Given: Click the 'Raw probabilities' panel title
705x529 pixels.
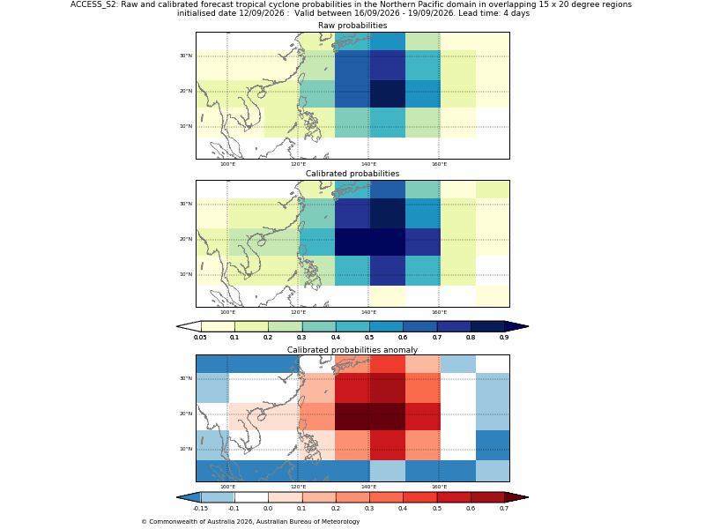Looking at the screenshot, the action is coord(352,26).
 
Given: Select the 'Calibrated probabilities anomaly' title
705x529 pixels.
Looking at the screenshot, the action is coord(352,350).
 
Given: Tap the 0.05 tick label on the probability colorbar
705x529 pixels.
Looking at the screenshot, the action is coord(200,338).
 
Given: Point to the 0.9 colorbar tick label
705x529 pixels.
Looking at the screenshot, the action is coord(504,338).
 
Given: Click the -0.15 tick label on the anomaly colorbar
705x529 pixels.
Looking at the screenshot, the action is coord(200,509).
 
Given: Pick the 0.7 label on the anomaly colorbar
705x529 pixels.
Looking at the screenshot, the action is coord(504,509).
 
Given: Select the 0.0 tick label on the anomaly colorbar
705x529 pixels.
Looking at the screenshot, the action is coord(268,509).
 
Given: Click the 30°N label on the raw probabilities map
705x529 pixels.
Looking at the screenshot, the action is coord(186,56).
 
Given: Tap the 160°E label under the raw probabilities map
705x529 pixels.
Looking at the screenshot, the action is coord(439,164).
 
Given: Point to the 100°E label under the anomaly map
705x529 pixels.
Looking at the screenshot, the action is coord(227,487).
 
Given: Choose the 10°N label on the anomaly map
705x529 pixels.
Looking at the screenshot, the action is coord(186,449).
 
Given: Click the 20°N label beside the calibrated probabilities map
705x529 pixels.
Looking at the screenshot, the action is coord(186,239).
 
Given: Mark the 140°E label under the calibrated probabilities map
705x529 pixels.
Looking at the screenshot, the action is coord(368,312).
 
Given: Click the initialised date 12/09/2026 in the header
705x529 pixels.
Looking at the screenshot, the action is coord(231,13).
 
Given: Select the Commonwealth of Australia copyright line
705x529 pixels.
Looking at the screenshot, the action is coord(250,522).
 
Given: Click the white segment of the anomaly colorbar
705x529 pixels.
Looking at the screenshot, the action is coord(251,497).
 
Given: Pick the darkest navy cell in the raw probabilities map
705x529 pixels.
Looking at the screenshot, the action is coord(387,93).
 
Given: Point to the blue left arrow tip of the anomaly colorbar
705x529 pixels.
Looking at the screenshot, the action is coord(177,497).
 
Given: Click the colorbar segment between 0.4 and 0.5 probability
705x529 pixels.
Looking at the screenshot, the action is coord(352,326).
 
